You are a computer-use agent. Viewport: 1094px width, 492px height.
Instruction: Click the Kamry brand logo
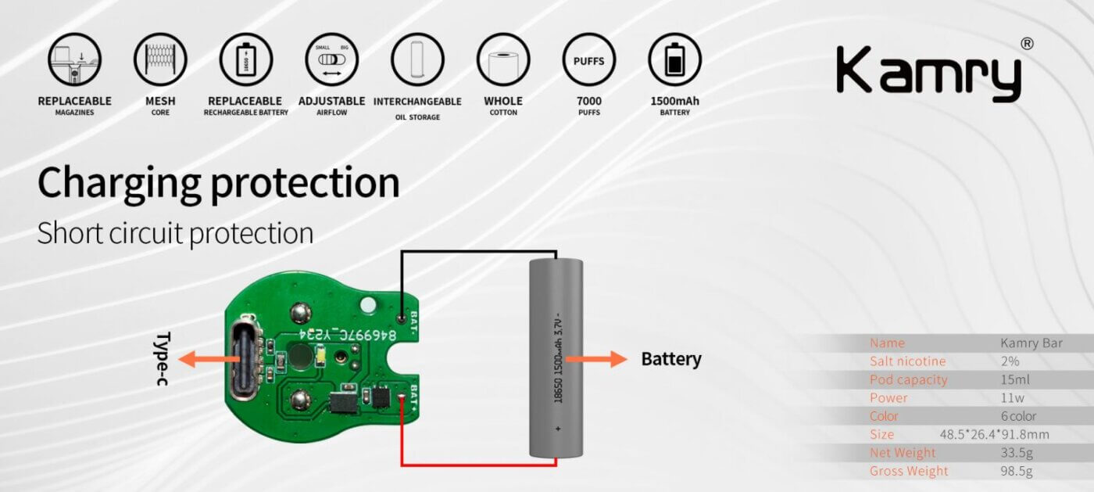pos(928,72)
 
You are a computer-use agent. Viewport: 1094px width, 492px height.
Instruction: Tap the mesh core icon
pos(160,59)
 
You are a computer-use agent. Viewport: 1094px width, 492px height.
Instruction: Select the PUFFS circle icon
pos(588,59)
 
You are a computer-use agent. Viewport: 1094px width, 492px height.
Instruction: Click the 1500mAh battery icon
pos(674,59)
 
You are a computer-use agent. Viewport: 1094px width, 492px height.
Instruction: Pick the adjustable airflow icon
pos(331,59)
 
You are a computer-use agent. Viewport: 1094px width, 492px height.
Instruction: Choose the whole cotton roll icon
pos(503,59)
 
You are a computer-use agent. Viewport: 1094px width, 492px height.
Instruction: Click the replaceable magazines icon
pos(74,59)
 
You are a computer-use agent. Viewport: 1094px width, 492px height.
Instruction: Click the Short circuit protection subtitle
pos(175,233)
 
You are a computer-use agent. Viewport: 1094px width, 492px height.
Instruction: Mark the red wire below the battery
pos(478,465)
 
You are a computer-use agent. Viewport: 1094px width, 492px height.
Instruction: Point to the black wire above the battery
pos(478,252)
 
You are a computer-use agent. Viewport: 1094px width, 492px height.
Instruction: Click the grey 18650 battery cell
pos(556,357)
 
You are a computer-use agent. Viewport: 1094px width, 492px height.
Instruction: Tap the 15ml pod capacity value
pos(1015,379)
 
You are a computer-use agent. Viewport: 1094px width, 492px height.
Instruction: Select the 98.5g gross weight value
pos(1017,471)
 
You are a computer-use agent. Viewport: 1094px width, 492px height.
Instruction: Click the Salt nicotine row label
pos(907,361)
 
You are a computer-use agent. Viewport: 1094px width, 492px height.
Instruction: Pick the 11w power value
pos(1012,398)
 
